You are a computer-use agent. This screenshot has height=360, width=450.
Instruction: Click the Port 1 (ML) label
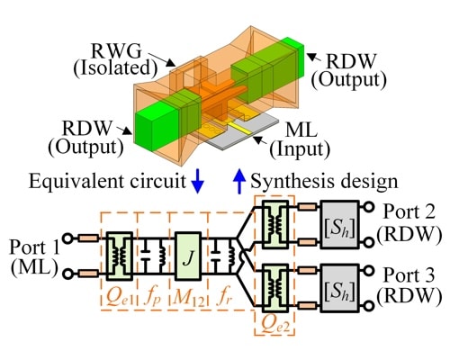coord(32,258)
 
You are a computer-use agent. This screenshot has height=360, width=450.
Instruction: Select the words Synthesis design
coord(323,181)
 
